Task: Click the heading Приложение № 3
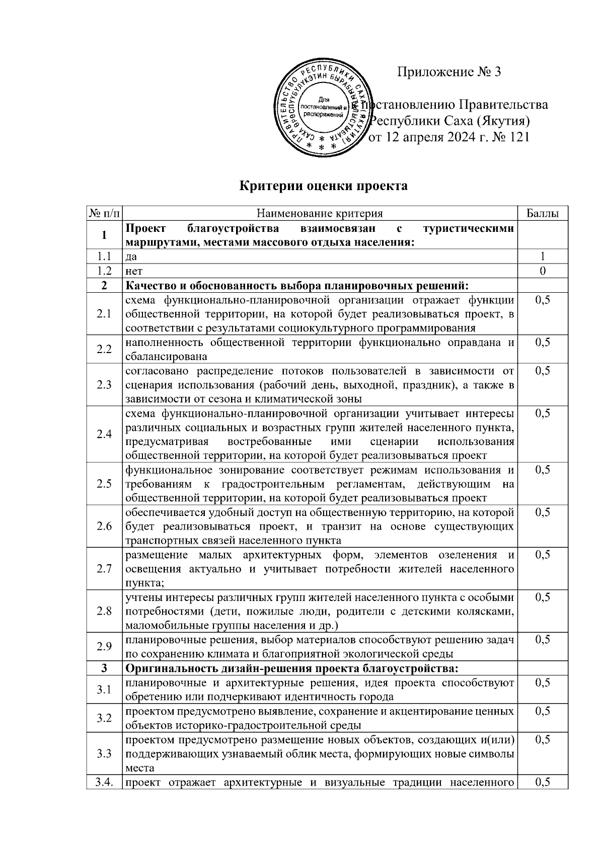449,72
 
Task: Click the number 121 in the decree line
519,137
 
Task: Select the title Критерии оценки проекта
323,186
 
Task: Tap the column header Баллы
542,213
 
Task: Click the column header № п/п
104,213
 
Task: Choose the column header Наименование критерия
320,213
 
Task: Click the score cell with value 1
543,257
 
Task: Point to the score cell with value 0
543,271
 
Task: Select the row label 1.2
104,271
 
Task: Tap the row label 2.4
104,434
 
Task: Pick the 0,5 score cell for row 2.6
543,513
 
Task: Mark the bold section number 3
104,668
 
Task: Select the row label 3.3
104,753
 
